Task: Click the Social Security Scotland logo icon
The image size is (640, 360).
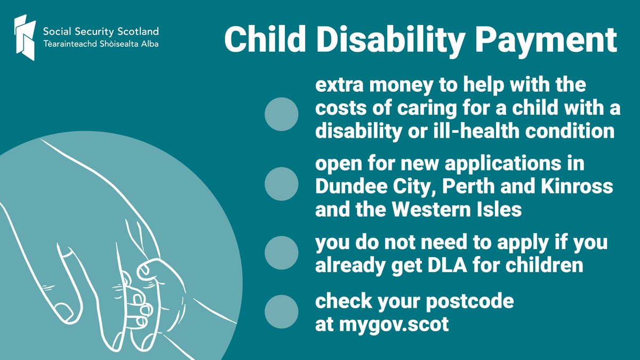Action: coord(26,37)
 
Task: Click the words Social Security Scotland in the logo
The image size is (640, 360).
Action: coord(100,30)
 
